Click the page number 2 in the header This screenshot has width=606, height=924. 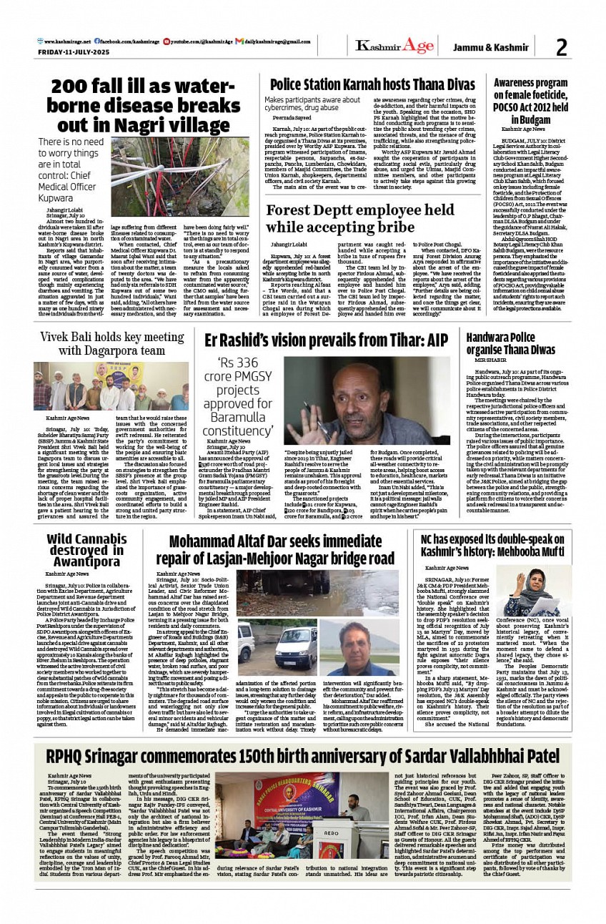coord(561,47)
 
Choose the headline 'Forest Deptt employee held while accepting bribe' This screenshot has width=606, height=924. coord(359,217)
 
